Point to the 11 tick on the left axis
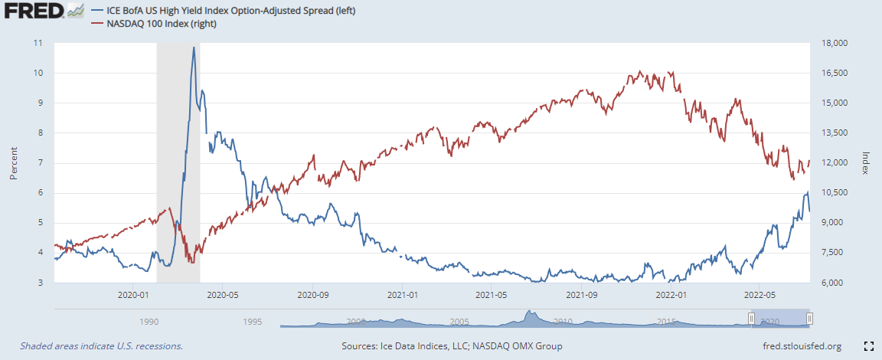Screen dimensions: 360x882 [x=38, y=43]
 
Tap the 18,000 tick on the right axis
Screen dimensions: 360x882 [x=832, y=43]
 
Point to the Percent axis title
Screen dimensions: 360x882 [x=13, y=163]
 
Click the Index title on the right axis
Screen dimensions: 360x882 [x=866, y=162]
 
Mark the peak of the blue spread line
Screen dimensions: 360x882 [x=194, y=47]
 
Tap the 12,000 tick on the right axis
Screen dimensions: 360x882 [x=832, y=163]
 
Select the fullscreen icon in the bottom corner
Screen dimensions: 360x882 [x=868, y=346]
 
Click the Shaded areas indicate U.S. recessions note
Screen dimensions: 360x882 [x=101, y=346]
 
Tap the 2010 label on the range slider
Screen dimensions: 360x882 [x=563, y=322]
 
